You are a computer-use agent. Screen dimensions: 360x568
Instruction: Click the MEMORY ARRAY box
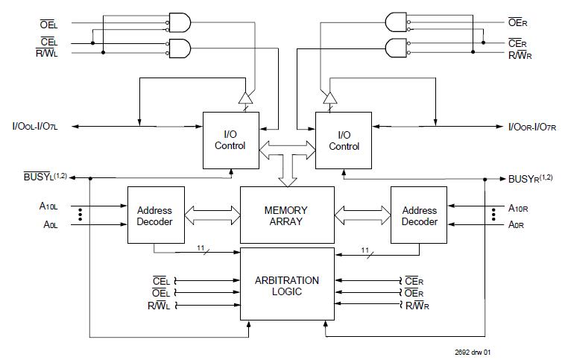click(x=285, y=215)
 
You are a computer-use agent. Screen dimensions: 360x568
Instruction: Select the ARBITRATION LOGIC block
click(x=286, y=285)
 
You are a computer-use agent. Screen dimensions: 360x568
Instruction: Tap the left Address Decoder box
click(x=154, y=215)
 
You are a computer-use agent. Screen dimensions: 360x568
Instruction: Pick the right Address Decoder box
click(x=419, y=215)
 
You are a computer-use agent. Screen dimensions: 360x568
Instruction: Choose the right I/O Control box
click(x=344, y=140)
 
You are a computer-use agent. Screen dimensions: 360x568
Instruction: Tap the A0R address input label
click(x=518, y=224)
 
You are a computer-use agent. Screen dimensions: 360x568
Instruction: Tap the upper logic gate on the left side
click(x=180, y=22)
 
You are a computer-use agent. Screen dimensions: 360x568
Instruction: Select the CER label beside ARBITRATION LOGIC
click(x=414, y=280)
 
